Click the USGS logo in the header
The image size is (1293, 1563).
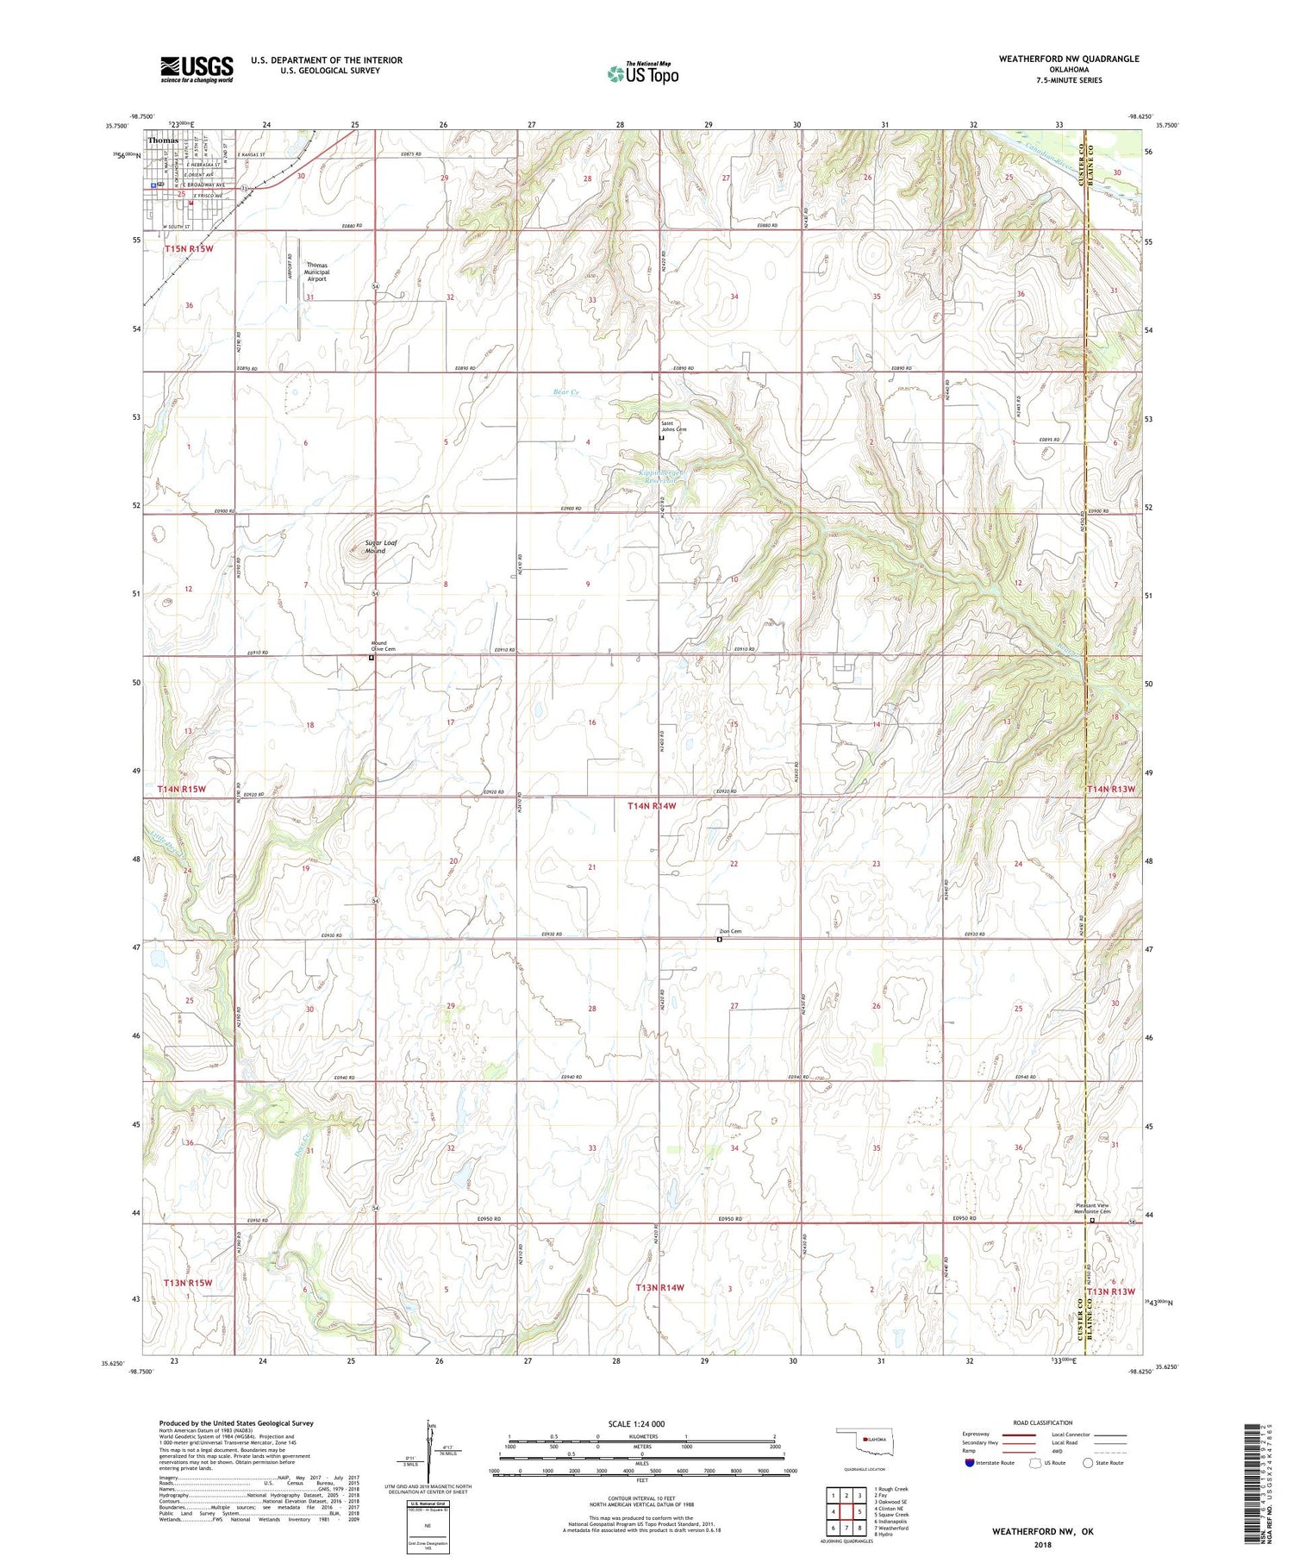click(x=197, y=69)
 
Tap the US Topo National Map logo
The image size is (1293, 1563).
click(x=642, y=74)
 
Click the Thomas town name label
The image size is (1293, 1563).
click(x=163, y=140)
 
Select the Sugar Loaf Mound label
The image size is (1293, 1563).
click(x=375, y=547)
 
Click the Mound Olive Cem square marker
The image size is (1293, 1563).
click(x=372, y=658)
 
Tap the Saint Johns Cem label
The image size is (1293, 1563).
click(x=674, y=426)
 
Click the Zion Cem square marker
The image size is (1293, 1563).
click(x=720, y=940)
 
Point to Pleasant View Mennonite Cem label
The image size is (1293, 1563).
click(x=1093, y=1209)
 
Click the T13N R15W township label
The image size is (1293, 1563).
click(x=187, y=1283)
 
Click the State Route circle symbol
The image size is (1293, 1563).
click(x=1088, y=1463)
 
